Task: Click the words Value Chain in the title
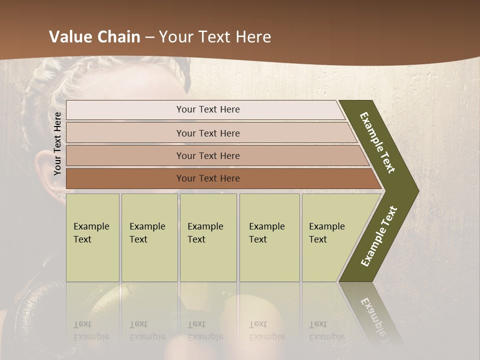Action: pos(94,37)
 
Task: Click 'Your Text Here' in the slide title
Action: pos(215,37)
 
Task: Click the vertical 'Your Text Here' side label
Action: pos(57,144)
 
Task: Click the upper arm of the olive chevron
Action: pos(378,142)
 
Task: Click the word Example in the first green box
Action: pos(91,226)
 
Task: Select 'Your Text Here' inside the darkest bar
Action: pos(208,178)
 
